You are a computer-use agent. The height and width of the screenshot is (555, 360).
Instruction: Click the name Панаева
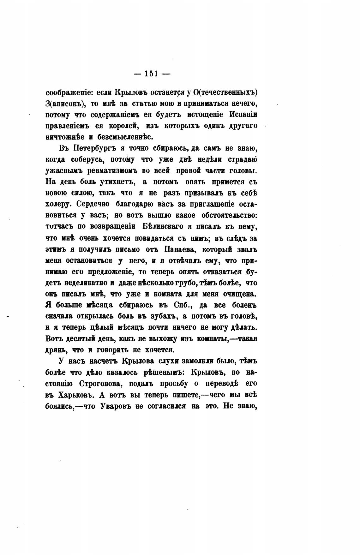(175, 249)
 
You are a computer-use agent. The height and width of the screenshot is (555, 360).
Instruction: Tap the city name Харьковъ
(74, 395)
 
